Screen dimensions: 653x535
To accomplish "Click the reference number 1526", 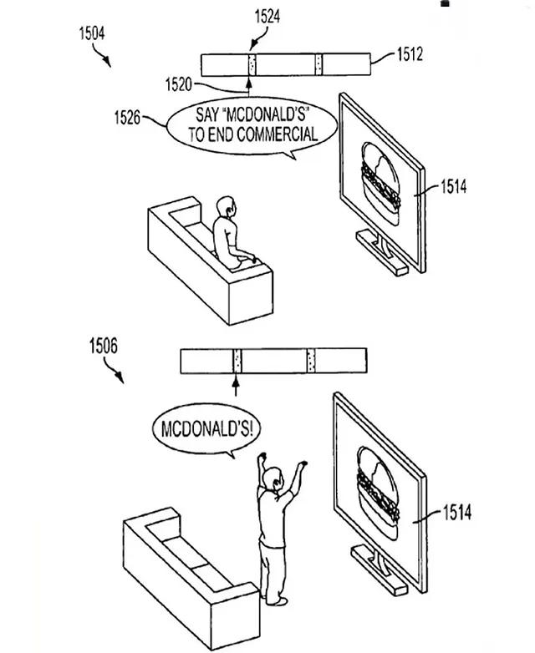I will click(x=127, y=118).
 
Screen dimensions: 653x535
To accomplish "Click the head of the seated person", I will click(x=227, y=205).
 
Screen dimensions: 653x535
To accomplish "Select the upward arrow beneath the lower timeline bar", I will click(x=236, y=385).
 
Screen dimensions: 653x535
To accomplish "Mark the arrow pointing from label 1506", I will click(x=117, y=372).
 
